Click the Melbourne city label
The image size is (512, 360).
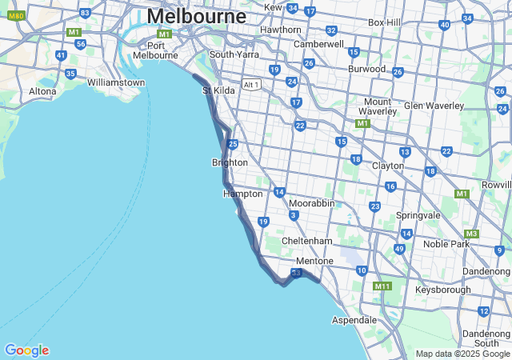tap(197, 16)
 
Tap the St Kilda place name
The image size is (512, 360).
tap(218, 90)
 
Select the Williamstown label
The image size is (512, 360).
tap(117, 82)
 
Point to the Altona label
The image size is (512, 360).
tap(42, 91)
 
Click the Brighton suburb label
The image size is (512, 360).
tap(230, 162)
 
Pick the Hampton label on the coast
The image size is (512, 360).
tap(242, 194)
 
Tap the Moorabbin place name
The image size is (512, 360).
tap(311, 203)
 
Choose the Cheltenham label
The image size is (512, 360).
tap(306, 241)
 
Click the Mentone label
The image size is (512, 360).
tap(314, 261)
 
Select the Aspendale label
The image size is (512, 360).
tap(354, 320)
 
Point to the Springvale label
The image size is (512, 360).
tap(418, 216)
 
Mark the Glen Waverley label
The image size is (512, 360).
tap(434, 106)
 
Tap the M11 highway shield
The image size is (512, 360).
tap(382, 286)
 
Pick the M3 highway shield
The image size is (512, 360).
tap(471, 234)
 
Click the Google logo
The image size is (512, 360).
tap(26, 350)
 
